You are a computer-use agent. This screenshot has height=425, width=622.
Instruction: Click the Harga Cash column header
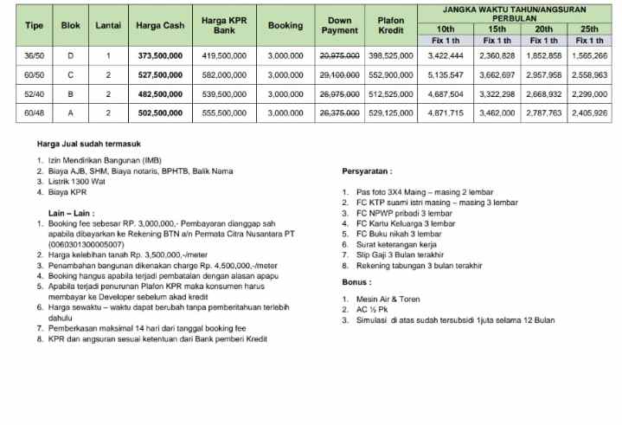160,26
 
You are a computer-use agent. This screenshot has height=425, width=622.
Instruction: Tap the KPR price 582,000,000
224,74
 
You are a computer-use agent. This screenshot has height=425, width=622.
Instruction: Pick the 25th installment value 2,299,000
590,93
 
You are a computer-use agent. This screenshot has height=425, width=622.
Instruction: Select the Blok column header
71,26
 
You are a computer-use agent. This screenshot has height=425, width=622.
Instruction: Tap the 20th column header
544,29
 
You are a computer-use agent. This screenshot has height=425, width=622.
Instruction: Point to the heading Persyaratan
367,171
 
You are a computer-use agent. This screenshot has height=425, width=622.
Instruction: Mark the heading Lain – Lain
73,212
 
